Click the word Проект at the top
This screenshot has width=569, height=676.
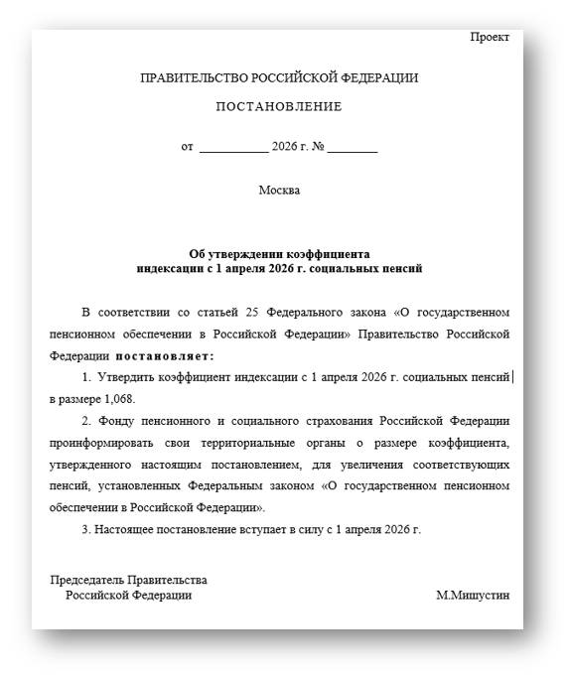coord(490,38)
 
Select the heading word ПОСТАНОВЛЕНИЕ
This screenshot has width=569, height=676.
coord(279,107)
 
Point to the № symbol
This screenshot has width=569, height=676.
coord(318,148)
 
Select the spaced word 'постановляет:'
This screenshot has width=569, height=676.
coord(165,355)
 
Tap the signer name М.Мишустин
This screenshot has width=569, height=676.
coord(472,596)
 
